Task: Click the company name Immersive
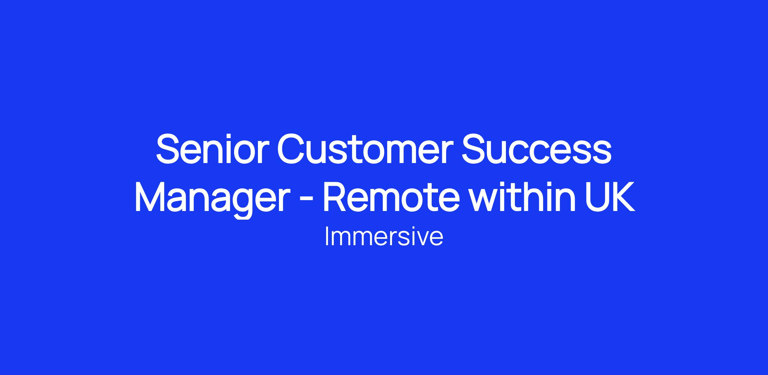coord(384,237)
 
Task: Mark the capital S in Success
coord(472,150)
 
